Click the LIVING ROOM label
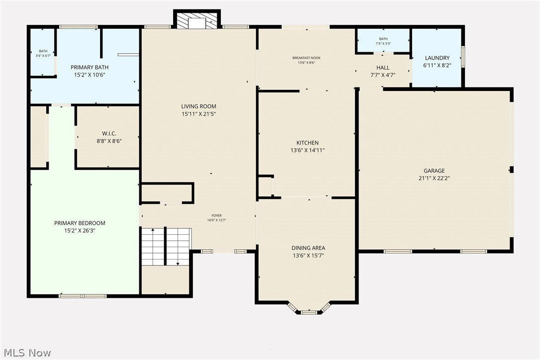click(x=198, y=106)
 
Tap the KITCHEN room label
click(x=307, y=143)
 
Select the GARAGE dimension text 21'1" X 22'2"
click(x=434, y=178)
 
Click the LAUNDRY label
click(x=437, y=58)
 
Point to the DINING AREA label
click(x=308, y=248)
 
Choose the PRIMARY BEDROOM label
click(x=80, y=223)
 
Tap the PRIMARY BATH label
click(x=90, y=67)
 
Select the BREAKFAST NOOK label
click(x=306, y=58)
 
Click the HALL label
click(x=383, y=68)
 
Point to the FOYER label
click(x=216, y=216)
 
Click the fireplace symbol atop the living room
click(x=197, y=20)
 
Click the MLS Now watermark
click(x=26, y=353)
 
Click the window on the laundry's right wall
click(x=463, y=57)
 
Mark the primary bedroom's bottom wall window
click(x=83, y=296)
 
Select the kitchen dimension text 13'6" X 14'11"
click(x=307, y=150)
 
